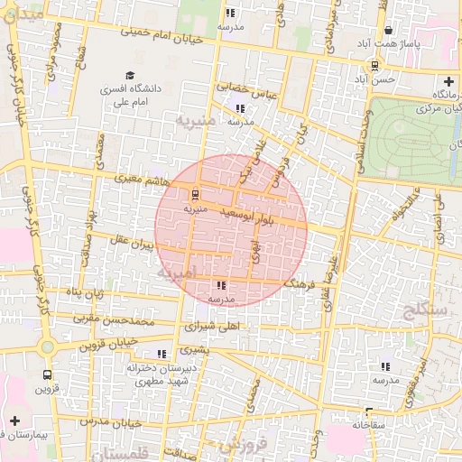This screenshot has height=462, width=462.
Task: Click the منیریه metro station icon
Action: tap(194, 193)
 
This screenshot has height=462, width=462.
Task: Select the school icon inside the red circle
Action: tap(222, 285)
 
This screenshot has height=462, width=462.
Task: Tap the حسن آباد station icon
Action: tap(374, 65)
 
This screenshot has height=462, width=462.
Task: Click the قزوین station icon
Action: tap(46, 374)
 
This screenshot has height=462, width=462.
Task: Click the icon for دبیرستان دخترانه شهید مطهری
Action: tap(162, 354)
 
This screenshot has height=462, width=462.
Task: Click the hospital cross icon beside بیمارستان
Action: tap(14, 420)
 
